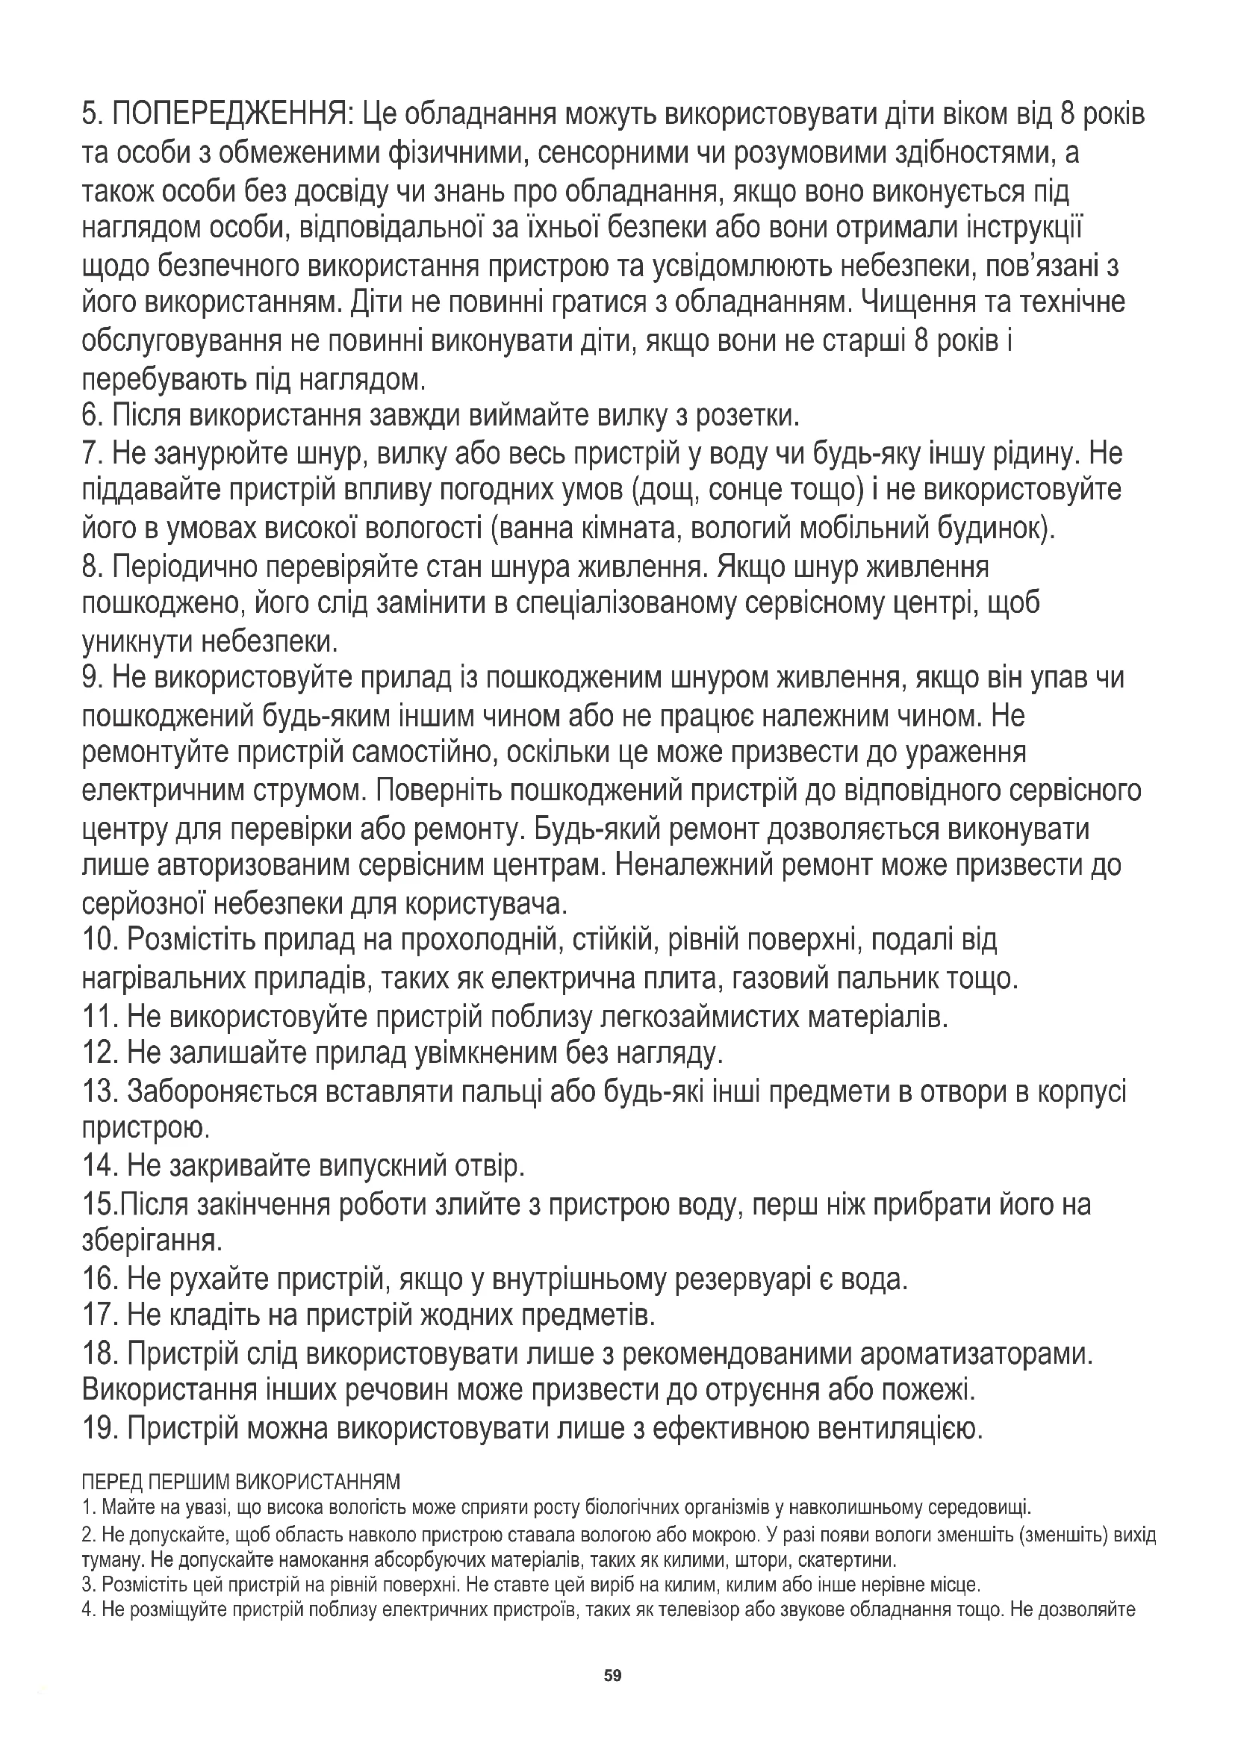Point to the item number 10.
click(99, 941)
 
